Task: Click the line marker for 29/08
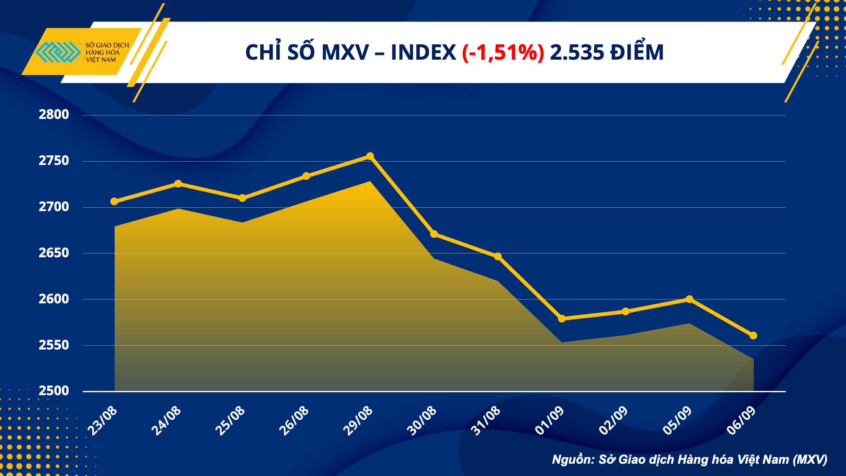tap(370, 156)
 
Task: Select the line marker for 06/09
tap(753, 336)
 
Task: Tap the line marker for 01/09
tap(562, 319)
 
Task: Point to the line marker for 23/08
tap(114, 201)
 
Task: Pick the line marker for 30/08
tap(434, 234)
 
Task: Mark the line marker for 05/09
tap(689, 299)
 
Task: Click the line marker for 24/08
tap(178, 184)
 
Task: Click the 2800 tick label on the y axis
tap(54, 115)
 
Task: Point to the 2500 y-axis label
tap(54, 391)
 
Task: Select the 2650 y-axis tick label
tap(54, 253)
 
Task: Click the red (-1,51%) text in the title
tap(503, 53)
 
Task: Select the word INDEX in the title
tap(423, 53)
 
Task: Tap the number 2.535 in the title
tap(577, 53)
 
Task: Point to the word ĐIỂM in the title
tap(637, 52)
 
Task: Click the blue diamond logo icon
tap(58, 52)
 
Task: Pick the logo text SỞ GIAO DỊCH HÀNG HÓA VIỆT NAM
tap(107, 52)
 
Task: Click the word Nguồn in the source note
tap(573, 459)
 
